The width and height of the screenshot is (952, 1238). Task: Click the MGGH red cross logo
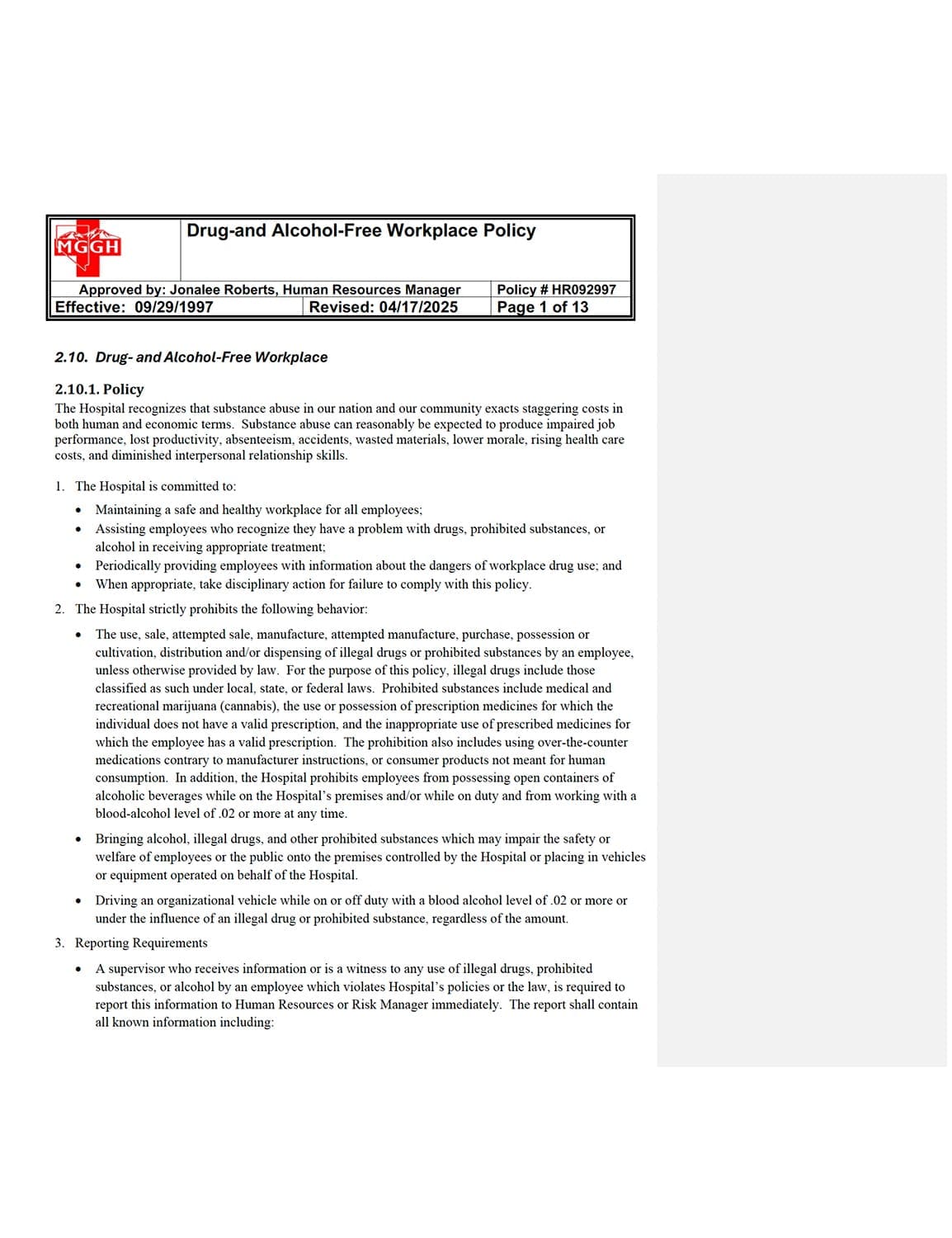coord(87,247)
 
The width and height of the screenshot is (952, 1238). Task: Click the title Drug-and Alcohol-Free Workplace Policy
coord(361,231)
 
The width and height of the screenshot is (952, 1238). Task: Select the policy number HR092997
coord(583,290)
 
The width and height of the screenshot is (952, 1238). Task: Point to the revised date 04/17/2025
coord(418,307)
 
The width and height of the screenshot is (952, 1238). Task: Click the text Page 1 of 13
coord(542,307)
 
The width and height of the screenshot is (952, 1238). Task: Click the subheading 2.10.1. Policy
coord(99,390)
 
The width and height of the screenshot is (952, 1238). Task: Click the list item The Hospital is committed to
coord(155,486)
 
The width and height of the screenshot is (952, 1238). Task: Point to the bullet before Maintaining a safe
coord(78,510)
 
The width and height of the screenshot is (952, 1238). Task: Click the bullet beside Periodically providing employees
coord(78,566)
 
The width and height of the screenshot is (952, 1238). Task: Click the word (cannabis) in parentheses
coord(252,706)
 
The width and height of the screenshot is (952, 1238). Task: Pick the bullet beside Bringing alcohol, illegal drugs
coord(78,839)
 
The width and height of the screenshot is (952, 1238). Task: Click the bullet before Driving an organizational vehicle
coord(78,901)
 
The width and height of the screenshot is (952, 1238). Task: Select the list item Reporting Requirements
coord(141,943)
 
